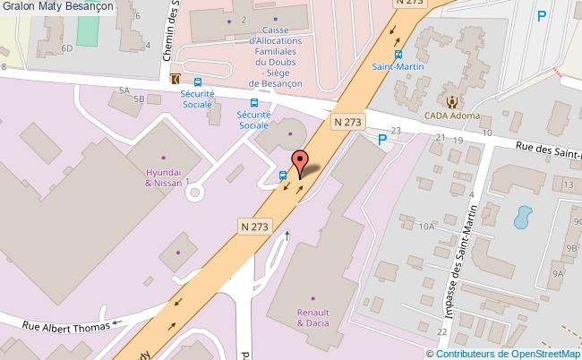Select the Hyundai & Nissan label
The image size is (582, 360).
coord(164,176)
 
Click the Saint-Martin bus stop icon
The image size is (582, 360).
coord(399,53)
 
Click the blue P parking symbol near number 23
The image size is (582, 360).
coord(382,139)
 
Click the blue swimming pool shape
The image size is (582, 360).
coord(522,216)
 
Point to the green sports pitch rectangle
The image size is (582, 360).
coord(86,30)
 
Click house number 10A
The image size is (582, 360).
coord(426,227)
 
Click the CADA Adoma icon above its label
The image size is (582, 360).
coord(452,101)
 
